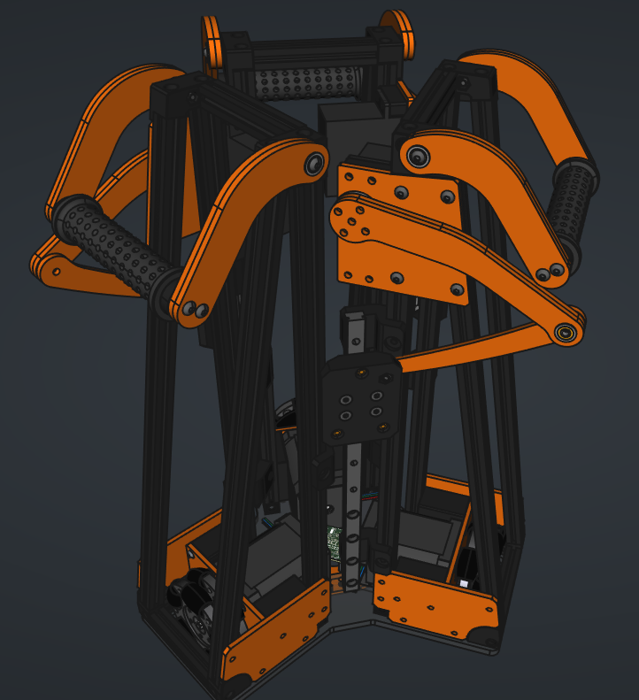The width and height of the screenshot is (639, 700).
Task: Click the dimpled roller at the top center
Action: [306, 85]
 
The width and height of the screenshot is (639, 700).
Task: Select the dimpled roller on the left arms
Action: [111, 247]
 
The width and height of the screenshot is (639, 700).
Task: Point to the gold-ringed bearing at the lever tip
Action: [566, 332]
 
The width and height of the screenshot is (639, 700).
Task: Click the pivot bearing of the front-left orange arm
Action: [314, 164]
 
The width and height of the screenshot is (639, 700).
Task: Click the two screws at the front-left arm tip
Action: [195, 310]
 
